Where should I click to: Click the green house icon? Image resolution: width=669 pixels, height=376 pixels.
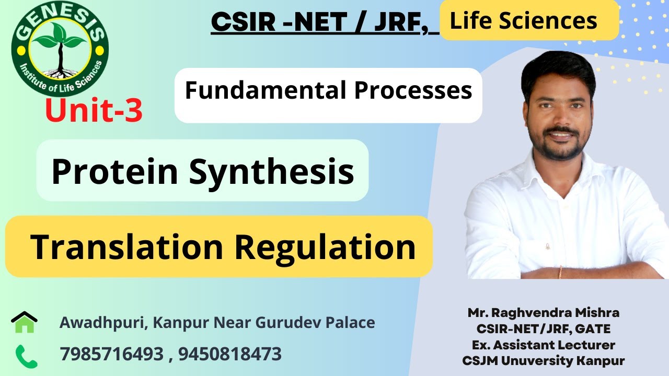[x=24, y=322]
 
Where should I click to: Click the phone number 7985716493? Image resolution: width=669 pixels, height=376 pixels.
[x=112, y=355]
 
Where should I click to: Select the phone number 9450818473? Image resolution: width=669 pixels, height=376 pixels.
[x=230, y=355]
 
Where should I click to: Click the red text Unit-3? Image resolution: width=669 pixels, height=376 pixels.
[x=94, y=111]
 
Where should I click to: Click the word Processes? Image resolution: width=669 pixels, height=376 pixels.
[x=413, y=91]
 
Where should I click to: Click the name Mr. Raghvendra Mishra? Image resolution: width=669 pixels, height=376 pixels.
[x=544, y=313]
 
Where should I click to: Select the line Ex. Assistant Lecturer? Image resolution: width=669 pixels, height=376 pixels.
[x=544, y=345]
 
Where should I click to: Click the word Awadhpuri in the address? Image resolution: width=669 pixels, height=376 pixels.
[x=101, y=323]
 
